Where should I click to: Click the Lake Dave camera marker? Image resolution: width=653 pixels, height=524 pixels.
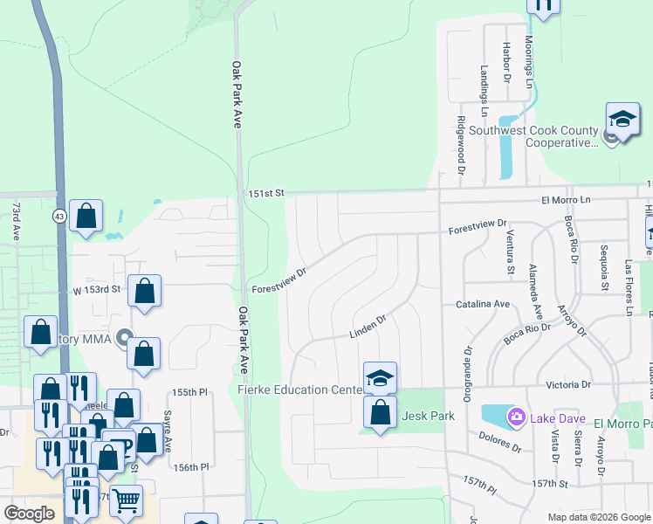[516, 417]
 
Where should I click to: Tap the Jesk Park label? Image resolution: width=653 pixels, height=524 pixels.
[429, 417]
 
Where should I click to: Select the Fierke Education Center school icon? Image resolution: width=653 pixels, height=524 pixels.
[380, 377]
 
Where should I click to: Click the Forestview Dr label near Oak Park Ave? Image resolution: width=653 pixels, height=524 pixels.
[279, 281]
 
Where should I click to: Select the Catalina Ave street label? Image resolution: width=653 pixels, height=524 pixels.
[482, 304]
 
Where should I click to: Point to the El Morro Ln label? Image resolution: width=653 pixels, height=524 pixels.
[567, 200]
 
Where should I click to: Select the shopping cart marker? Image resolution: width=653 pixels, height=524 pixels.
[126, 500]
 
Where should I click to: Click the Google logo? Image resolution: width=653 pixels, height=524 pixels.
[30, 514]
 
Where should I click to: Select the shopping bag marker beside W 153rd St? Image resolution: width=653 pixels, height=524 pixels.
[144, 291]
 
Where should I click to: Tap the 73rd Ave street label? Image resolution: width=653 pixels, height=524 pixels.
[16, 221]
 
